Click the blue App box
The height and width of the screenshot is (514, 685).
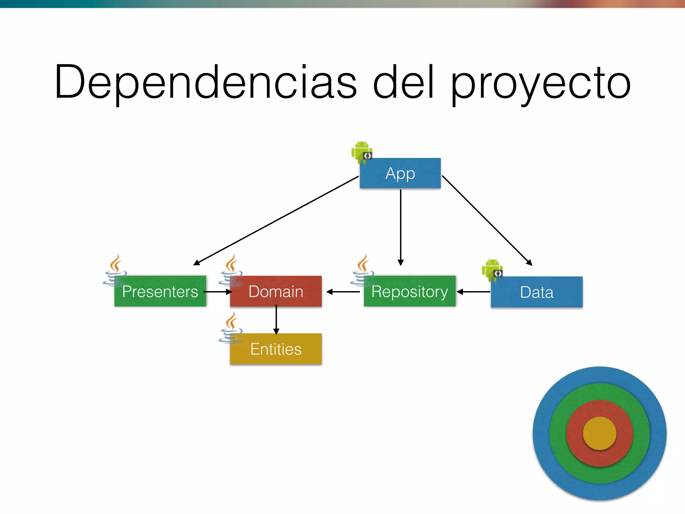[x=400, y=173]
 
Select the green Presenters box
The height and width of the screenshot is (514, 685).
[x=160, y=291]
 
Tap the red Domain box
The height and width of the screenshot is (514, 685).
[x=276, y=291]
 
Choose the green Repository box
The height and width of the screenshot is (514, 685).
[x=409, y=291]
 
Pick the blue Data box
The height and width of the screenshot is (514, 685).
[x=536, y=292]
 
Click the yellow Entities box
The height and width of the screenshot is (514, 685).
[x=276, y=349]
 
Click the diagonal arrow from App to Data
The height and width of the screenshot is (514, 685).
[x=487, y=220]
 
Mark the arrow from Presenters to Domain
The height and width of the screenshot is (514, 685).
[x=218, y=292]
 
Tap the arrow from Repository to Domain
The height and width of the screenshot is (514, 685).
[x=343, y=292]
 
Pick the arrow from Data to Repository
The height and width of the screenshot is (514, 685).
[x=473, y=292]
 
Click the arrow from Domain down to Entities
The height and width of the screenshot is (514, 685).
[x=276, y=320]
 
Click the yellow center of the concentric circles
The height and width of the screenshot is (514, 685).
[x=599, y=433]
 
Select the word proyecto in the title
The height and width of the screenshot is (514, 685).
[x=541, y=84]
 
